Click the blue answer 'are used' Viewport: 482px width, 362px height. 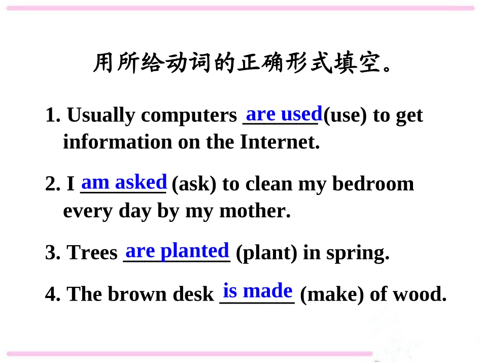pos(284,113)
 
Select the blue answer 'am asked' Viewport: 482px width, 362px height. pos(124,182)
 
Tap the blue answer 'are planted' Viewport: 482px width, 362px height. pos(177,251)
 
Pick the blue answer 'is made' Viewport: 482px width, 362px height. pos(258,291)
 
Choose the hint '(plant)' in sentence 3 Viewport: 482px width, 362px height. pos(267,253)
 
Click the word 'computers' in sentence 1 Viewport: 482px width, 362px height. pos(189,116)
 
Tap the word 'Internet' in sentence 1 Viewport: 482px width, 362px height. pos(280,142)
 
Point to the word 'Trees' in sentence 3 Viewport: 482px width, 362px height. pos(92,253)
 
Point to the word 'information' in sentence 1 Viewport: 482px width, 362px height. pos(117,142)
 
